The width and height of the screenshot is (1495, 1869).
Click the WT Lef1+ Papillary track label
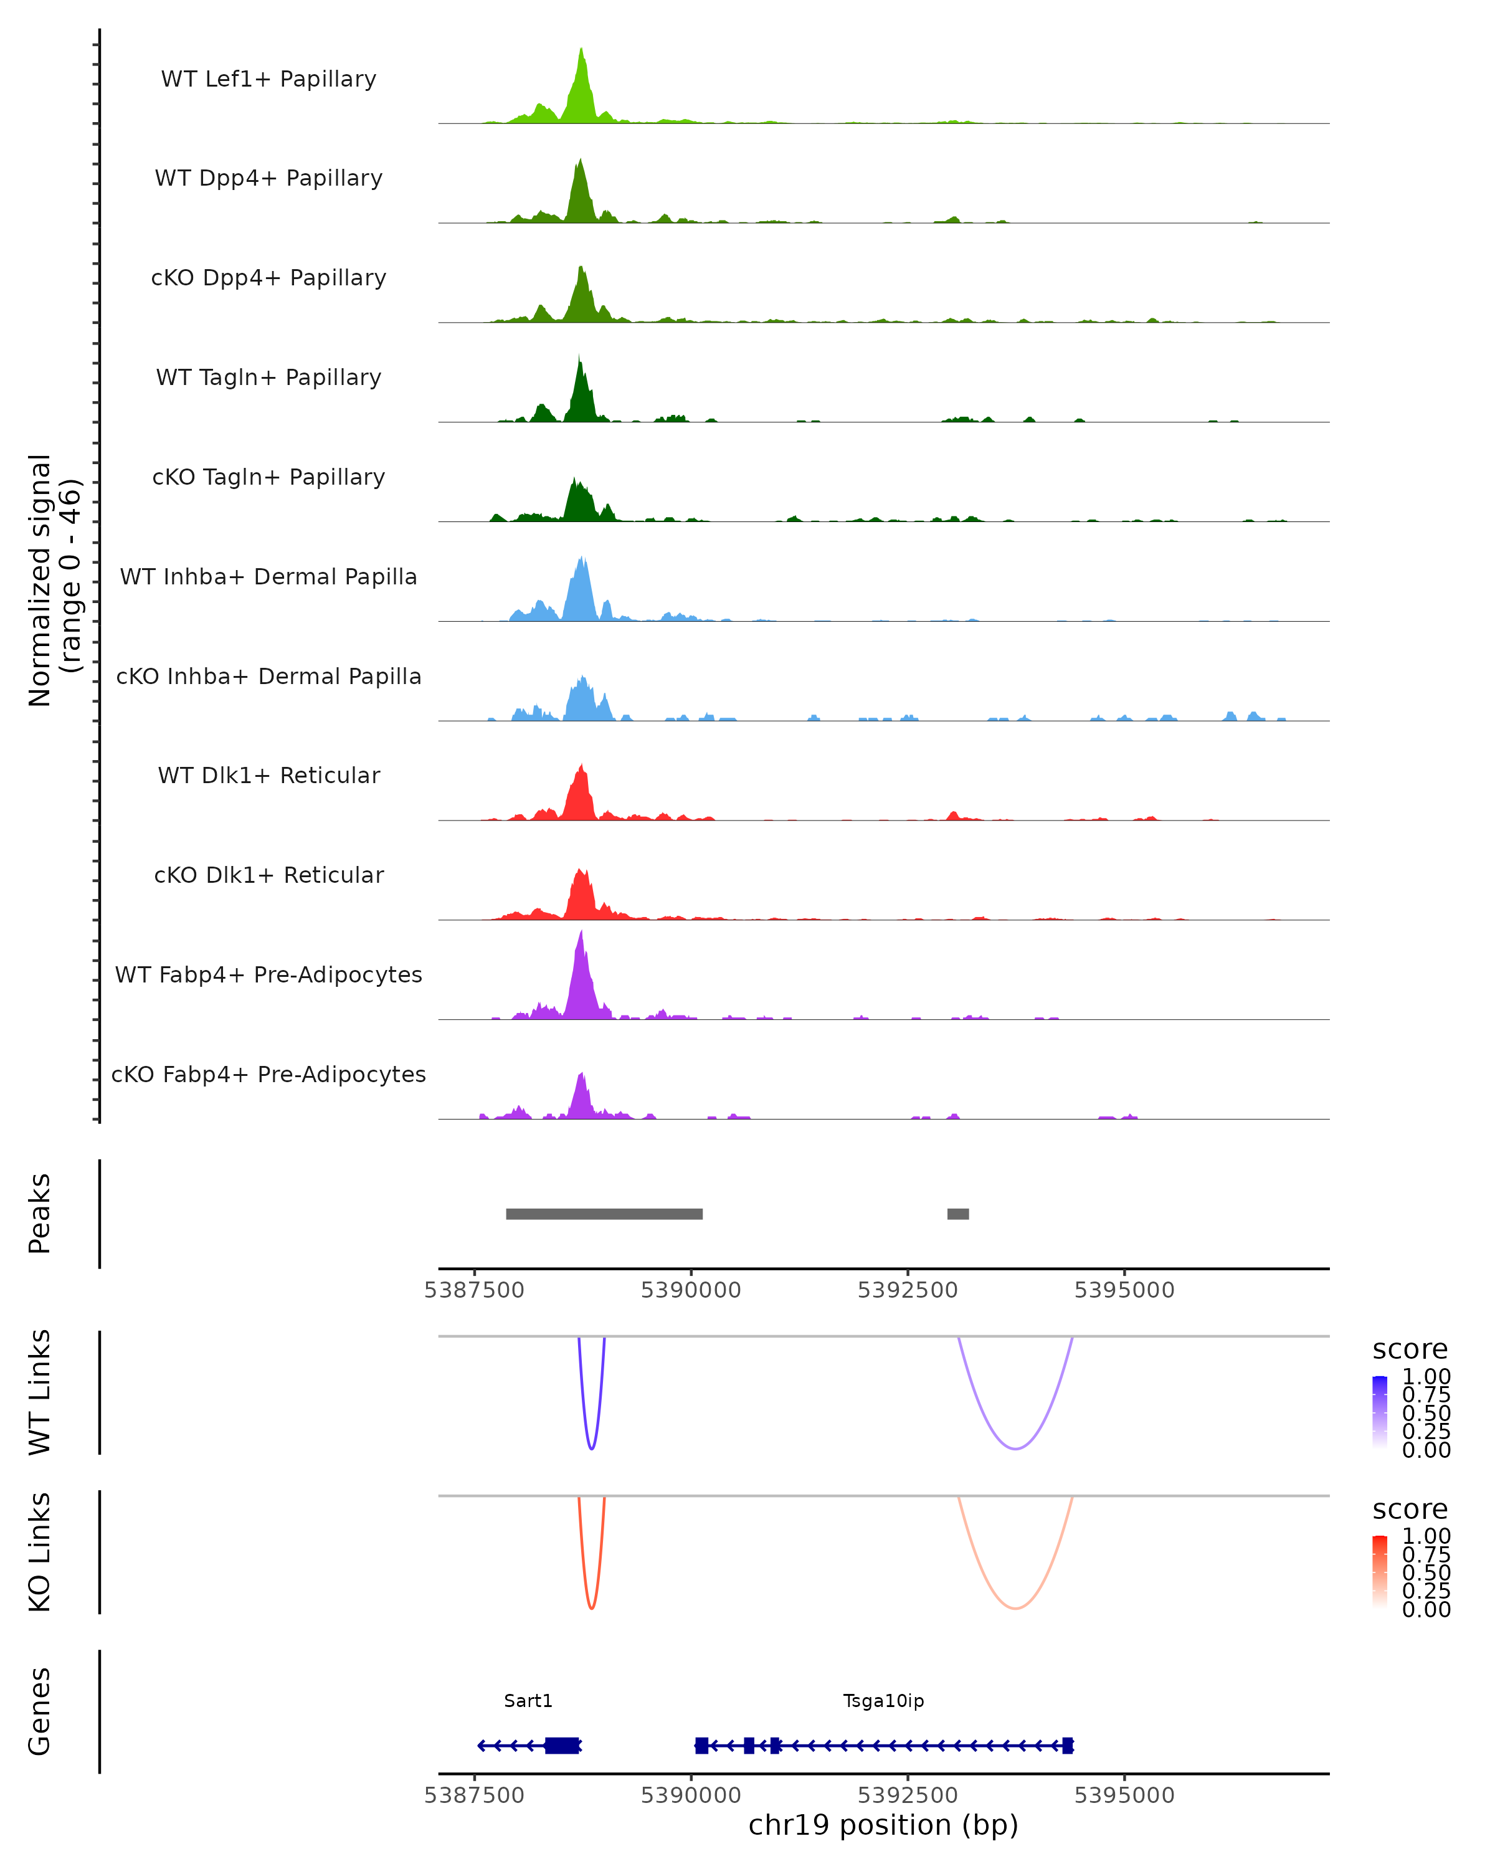coord(268,79)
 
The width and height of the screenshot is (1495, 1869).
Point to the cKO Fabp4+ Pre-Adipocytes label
coord(268,1074)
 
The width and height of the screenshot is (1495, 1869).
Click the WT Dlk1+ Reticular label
coord(268,776)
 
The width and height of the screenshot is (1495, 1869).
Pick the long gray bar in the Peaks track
coord(604,1214)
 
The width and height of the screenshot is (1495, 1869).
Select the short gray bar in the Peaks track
coord(957,1214)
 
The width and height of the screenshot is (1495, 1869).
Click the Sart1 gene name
coord(528,1701)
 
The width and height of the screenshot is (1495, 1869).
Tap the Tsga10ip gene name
coord(883,1701)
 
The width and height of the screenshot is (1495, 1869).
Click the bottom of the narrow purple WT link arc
coord(591,1448)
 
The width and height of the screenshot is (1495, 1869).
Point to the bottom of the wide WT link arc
coord(1015,1448)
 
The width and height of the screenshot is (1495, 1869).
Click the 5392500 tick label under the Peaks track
coord(908,1290)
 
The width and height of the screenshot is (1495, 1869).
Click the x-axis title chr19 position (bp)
coord(883,1825)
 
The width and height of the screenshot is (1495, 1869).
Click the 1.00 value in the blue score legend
coord(1426,1377)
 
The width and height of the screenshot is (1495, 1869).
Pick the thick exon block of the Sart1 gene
coord(562,1746)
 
